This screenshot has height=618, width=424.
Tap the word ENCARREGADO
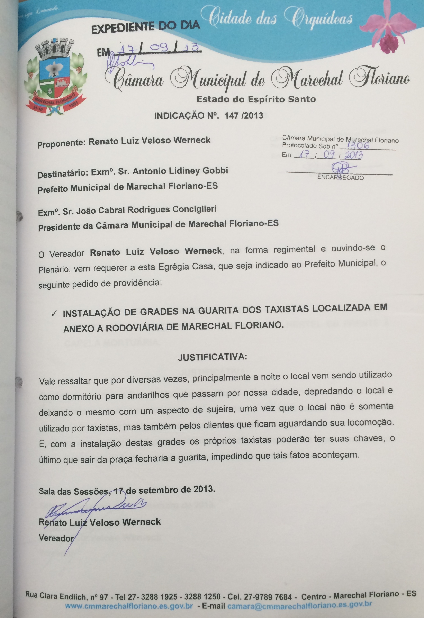[341, 177]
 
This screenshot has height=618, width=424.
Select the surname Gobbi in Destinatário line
[215, 170]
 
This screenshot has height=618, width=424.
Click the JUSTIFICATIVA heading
[212, 357]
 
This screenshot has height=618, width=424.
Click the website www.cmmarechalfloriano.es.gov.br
[129, 599]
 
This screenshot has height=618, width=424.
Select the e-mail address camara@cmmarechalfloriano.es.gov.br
[300, 598]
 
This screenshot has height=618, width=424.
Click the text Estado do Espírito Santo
[256, 99]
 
